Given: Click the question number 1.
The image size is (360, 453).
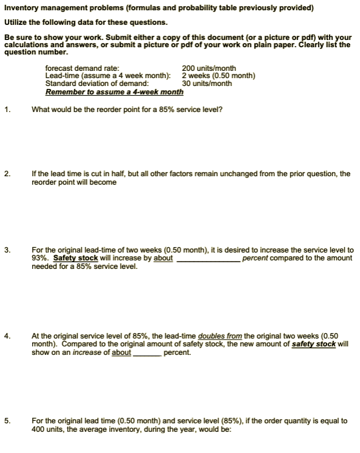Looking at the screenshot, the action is [7, 110].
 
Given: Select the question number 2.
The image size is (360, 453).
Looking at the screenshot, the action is [7, 174].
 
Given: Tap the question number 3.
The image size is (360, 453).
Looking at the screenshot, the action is [7, 250].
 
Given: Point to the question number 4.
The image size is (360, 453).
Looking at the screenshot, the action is [7, 336].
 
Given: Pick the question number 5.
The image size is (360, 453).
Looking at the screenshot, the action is [7, 420].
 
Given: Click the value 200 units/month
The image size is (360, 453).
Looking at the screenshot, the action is [208, 68].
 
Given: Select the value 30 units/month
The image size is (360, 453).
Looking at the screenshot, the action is [207, 84].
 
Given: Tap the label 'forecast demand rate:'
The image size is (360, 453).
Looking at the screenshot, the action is [82, 68].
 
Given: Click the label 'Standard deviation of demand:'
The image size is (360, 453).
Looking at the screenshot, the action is [97, 84].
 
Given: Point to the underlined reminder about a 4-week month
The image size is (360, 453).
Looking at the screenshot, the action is [114, 92].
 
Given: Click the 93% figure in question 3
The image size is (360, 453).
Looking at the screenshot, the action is [39, 258].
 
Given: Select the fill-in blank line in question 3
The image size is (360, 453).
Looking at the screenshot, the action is [207, 259].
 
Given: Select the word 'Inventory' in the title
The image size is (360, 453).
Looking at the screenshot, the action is [21, 8].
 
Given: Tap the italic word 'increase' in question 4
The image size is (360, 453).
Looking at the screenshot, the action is [88, 352].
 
